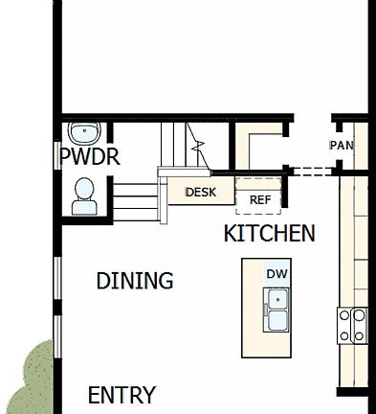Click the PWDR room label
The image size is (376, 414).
(90, 156)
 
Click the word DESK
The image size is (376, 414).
(201, 192)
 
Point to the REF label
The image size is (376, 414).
(260, 200)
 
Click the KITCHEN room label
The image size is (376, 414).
(269, 233)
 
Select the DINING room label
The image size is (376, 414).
(135, 281)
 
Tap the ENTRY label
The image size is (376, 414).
(122, 395)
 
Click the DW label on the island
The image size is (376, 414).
(277, 274)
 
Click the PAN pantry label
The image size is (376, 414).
(342, 146)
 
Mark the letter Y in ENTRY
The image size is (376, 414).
(147, 395)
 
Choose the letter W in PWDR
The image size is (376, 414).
(82, 156)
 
